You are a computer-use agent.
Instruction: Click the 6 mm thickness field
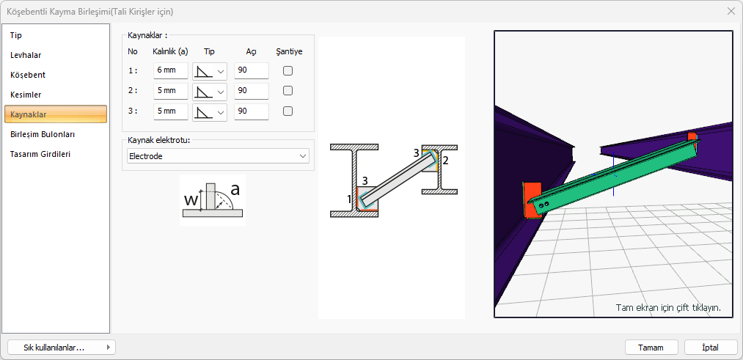(x=171, y=70)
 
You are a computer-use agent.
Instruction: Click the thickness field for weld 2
(x=171, y=91)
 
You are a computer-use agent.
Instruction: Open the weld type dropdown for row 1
(x=210, y=71)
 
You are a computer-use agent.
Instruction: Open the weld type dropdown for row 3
(x=210, y=111)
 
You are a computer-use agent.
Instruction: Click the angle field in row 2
(x=251, y=91)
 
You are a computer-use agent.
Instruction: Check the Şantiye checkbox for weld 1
(x=288, y=71)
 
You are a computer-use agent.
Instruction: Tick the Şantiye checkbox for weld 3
(x=288, y=111)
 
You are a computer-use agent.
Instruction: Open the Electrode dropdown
(x=218, y=156)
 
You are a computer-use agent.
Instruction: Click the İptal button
(x=711, y=348)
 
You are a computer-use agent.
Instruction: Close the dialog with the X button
(x=731, y=12)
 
